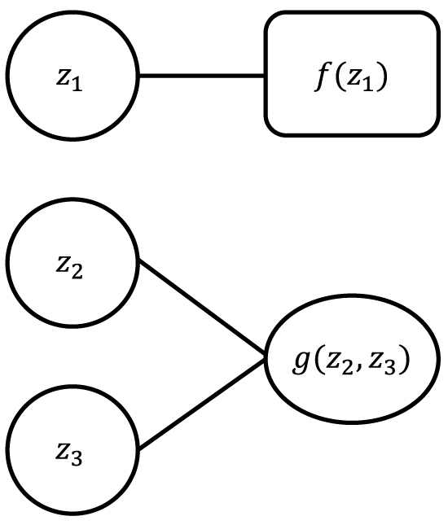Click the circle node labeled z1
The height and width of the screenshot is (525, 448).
coord(72,77)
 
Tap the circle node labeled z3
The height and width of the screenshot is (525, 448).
coord(72,448)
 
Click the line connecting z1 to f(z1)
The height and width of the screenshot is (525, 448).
coord(201,77)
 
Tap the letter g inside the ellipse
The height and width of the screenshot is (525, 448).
coord(301,360)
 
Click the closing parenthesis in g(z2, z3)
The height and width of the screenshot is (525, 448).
coord(403,360)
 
